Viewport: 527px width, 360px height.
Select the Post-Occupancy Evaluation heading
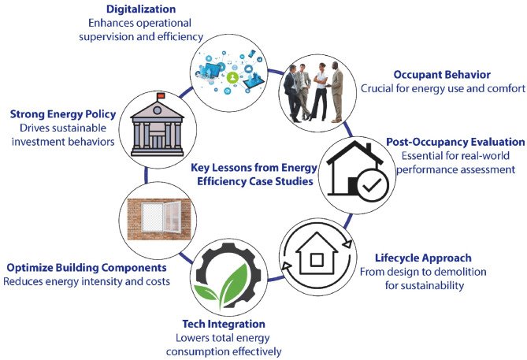tap(455, 142)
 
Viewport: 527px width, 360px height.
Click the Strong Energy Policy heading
tap(62, 114)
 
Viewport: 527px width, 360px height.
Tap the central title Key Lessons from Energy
tap(254, 166)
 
